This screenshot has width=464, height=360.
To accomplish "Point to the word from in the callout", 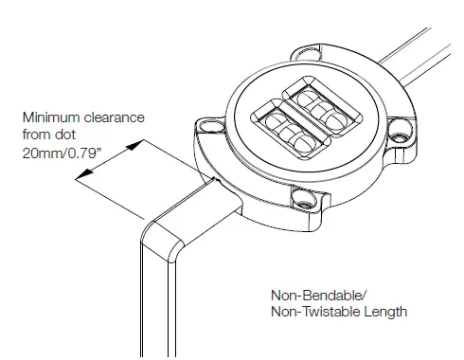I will point(36,135).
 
